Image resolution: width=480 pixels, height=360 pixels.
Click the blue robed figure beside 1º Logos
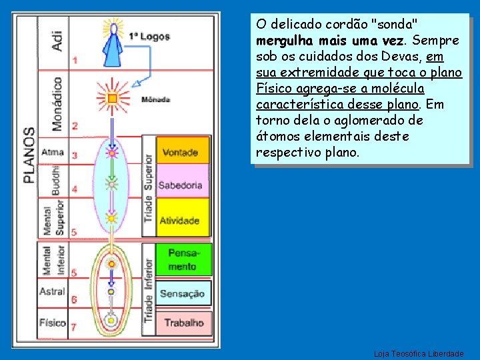pos(115,41)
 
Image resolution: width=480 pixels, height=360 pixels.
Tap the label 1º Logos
pos(149,37)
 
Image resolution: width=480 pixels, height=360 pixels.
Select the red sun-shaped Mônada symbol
pos(112,98)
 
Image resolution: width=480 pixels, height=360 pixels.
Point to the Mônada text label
pos(156,100)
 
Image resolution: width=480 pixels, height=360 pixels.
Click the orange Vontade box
pos(182,152)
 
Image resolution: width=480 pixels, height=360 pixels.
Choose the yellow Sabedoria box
pos(182,185)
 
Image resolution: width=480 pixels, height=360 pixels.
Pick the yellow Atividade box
pos(182,220)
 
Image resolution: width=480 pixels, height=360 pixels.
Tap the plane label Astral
pos(52,291)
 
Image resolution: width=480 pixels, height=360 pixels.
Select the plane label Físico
pos(52,323)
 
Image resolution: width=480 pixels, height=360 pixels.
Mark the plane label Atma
pos(52,153)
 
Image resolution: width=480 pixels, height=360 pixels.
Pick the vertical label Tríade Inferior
pos(148,291)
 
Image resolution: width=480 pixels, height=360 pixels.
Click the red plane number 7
pos(74,327)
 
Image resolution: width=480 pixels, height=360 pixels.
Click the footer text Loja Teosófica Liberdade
pos(419,353)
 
